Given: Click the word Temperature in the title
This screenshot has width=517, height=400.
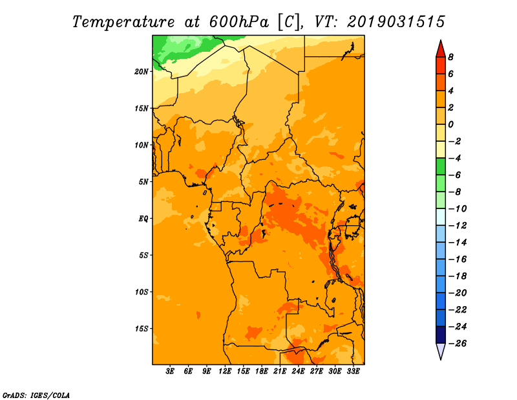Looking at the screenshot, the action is coord(123,22).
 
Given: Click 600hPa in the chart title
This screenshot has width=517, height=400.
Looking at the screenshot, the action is coord(238,22).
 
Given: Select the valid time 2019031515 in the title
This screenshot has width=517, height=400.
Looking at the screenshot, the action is coord(396,22).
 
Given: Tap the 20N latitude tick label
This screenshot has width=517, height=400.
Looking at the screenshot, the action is coord(142,71).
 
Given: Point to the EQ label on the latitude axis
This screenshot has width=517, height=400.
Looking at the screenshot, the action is coord(143,218).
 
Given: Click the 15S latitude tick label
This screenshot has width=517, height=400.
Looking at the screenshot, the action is coord(142,328).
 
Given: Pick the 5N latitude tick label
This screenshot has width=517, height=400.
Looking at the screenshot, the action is coord(143,182).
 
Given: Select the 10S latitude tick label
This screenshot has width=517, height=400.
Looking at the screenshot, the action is coord(142,292).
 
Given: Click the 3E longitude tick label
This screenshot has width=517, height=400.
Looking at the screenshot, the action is coord(170,371).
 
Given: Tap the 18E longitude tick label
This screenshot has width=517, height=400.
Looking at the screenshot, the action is coord(261,371).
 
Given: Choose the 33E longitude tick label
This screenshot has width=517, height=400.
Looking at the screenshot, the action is coord(353,371).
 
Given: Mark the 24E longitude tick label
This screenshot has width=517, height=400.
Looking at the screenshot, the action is coord(298,371).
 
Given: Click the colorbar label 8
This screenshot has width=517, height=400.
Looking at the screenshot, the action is coord(450,57).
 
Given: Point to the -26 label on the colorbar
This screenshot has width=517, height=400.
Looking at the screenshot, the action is coord(458,344).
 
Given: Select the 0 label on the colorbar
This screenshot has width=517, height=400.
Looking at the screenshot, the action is coord(450,124).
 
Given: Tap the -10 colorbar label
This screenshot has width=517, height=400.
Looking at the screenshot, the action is coord(458,209).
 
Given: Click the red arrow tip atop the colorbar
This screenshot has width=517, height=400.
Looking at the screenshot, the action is coord(441,40).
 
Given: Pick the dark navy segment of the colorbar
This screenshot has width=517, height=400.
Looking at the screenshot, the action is coord(441,335).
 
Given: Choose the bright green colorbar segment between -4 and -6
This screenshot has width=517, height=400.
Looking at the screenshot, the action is coord(441,166).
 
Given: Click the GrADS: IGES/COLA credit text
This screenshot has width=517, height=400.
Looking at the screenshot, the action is coord(36,395).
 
